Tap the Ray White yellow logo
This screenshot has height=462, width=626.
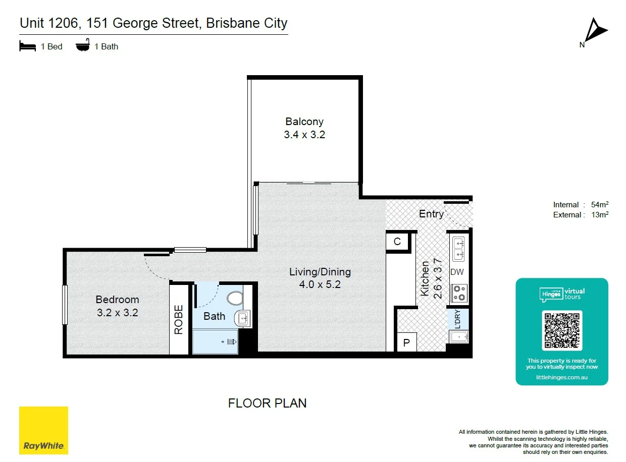(x=43, y=430)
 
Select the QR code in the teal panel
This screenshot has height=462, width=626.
(x=562, y=330)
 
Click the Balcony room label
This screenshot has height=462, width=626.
(x=304, y=122)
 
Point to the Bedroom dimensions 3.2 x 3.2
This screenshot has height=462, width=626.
(x=118, y=313)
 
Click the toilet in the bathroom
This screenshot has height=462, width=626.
(x=235, y=298)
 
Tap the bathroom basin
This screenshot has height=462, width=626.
(x=242, y=318)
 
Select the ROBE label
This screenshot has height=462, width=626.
(x=179, y=320)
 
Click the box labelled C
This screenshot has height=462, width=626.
(x=397, y=242)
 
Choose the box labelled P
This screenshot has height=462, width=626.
(x=406, y=342)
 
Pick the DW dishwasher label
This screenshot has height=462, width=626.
(x=457, y=272)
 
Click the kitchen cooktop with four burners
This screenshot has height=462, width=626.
(x=459, y=293)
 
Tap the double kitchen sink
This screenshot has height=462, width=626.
(x=458, y=249)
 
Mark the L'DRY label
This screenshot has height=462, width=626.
(x=458, y=319)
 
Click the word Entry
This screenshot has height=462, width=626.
(x=431, y=214)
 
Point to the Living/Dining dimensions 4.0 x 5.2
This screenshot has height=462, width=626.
(x=320, y=284)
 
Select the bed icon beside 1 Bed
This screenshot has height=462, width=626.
(x=27, y=46)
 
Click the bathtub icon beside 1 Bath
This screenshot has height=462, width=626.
(x=83, y=45)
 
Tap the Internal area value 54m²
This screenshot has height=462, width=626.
(x=600, y=204)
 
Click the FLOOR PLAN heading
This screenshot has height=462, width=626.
(x=267, y=403)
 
